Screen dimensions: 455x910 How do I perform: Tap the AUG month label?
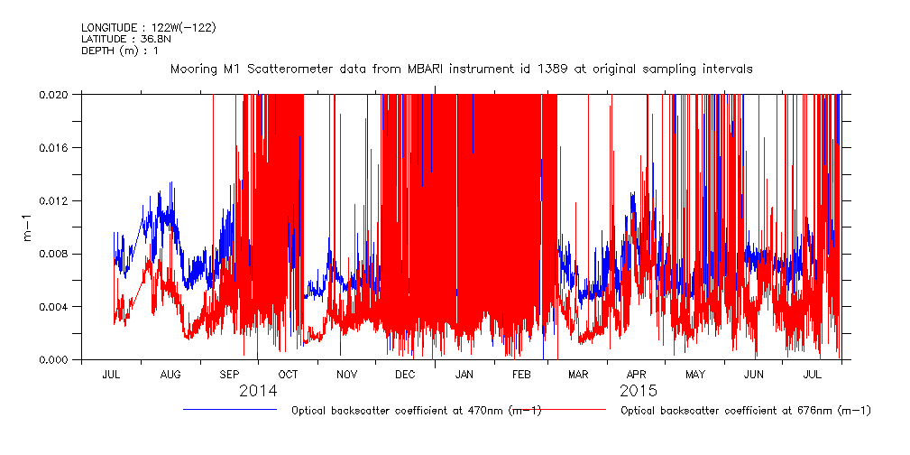point(170,374)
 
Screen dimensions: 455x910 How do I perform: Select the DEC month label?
point(405,374)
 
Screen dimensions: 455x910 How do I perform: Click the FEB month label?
point(523,374)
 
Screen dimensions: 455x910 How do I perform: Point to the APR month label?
point(637,374)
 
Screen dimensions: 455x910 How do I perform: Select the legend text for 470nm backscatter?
point(416,411)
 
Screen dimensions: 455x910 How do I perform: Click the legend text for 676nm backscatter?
point(746,411)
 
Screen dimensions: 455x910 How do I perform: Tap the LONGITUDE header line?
point(148,27)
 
